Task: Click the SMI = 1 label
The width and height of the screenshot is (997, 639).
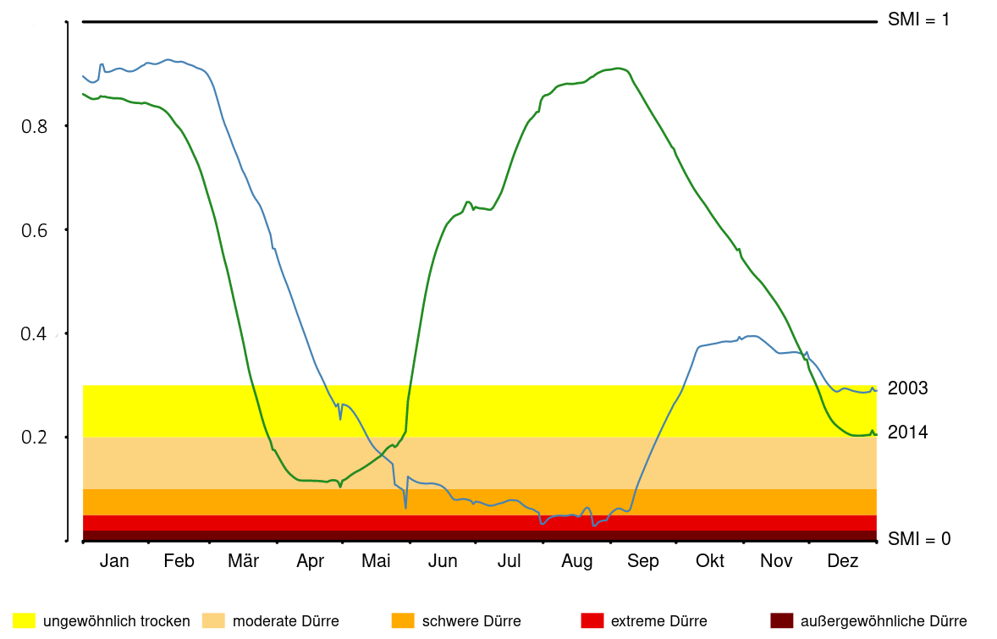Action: tap(918, 19)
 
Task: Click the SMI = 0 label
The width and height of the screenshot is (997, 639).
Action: tap(918, 538)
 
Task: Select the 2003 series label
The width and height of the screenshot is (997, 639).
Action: tap(907, 388)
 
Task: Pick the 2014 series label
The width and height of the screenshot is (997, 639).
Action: tap(907, 432)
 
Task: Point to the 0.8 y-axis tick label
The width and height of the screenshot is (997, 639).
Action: tap(33, 126)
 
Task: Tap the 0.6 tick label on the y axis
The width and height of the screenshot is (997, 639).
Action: tap(33, 230)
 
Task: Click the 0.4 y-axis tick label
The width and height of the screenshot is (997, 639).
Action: tap(33, 334)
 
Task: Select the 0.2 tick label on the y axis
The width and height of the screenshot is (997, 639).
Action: tap(33, 438)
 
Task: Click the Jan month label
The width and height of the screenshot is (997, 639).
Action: tap(114, 561)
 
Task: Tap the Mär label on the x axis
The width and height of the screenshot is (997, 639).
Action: tap(244, 561)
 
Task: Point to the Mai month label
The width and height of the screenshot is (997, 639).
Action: tap(376, 561)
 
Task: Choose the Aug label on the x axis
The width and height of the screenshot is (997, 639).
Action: tap(577, 561)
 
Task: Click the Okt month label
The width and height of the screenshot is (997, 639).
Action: tap(710, 561)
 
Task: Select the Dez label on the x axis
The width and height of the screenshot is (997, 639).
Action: tap(842, 561)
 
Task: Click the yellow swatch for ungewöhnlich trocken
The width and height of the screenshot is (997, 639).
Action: tap(24, 621)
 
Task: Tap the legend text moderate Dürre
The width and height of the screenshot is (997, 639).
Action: tap(285, 621)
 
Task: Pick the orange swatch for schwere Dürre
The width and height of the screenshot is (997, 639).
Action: tap(403, 621)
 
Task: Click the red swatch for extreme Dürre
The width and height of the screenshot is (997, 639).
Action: tap(592, 621)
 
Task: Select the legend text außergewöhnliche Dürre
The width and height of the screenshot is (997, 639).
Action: tap(883, 621)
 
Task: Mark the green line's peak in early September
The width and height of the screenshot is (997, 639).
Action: tap(618, 68)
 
